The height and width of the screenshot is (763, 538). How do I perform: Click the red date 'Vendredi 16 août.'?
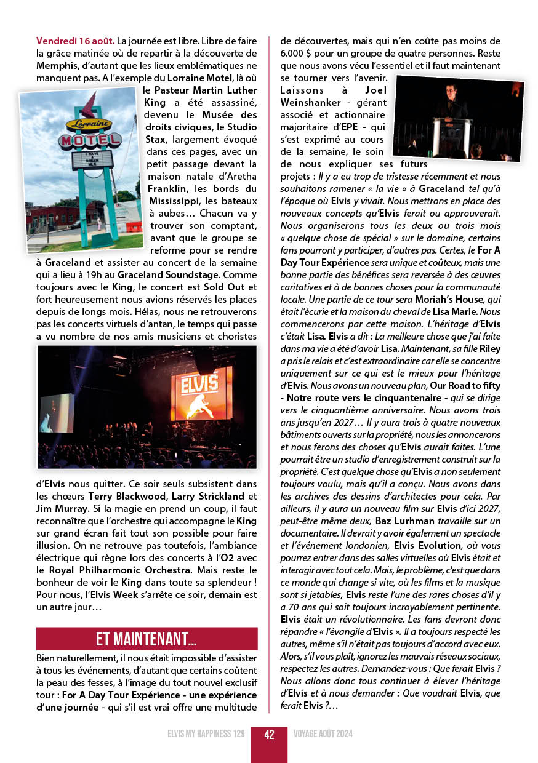click(x=75, y=41)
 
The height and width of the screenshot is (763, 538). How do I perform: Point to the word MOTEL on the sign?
click(x=90, y=140)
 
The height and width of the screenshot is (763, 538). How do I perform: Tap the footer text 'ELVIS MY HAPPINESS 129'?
click(x=206, y=734)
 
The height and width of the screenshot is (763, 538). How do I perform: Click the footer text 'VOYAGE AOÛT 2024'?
click(x=323, y=734)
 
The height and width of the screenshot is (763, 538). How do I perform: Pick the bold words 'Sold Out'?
click(x=228, y=287)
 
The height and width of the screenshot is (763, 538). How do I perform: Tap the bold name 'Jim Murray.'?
click(x=62, y=508)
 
